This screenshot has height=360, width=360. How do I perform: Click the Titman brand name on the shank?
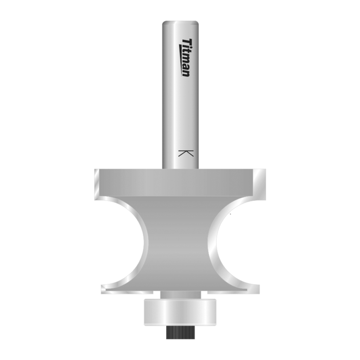coord(186,57)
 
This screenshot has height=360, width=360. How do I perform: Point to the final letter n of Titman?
coord(186,73)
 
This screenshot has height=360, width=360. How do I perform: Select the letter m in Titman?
coord(186,60)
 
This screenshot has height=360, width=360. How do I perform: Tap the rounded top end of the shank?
coord(181,23)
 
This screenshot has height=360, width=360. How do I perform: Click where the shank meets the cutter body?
coord(180,168)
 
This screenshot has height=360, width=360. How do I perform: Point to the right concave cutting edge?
coord(214,243)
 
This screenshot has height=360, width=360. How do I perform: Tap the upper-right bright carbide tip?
coord(261,183)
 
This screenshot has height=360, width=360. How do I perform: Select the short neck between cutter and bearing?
coord(180,295)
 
